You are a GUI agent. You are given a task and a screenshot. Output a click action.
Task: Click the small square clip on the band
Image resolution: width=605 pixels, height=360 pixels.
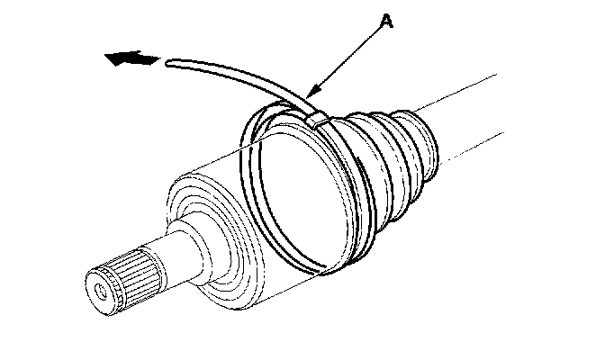[x=316, y=117]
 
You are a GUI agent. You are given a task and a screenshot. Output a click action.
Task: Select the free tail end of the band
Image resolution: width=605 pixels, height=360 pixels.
[x=169, y=61]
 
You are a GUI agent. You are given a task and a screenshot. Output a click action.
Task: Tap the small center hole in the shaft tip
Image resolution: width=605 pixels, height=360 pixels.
[x=97, y=290]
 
